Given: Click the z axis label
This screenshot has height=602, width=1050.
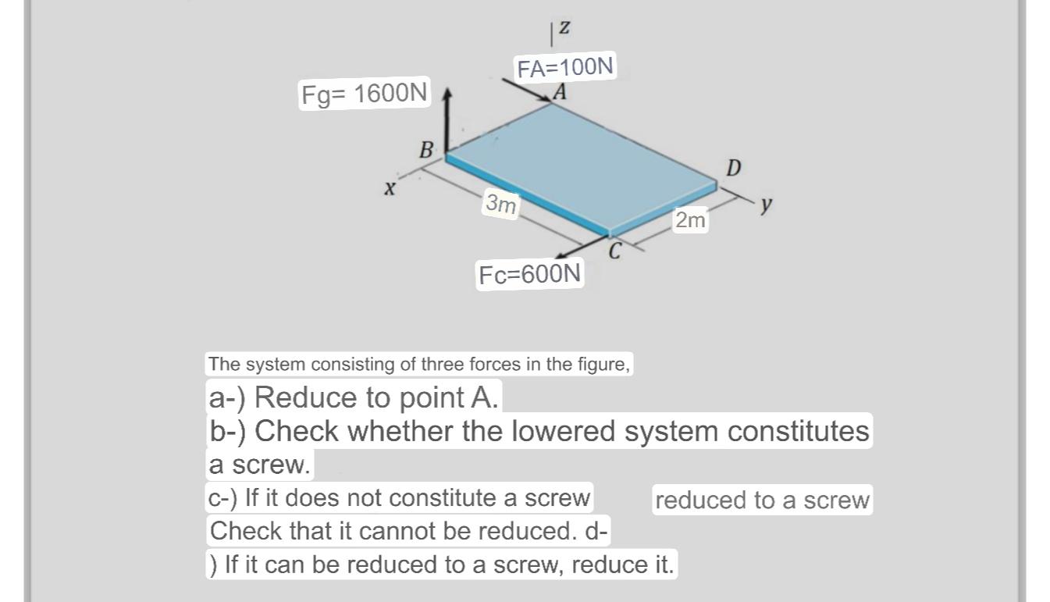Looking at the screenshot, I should pos(564,27).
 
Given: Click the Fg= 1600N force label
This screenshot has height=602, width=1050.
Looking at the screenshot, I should pos(365,94).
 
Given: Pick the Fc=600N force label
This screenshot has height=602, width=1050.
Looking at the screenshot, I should pos(530,275).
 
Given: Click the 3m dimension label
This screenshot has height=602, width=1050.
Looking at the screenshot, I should pos(500,204).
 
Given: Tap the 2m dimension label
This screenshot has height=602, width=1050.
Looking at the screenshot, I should pos(691,221).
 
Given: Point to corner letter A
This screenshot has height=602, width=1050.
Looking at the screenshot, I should pos(559,92).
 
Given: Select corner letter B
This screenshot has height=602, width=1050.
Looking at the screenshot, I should pos(426,150).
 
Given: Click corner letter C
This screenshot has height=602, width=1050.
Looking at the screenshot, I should pos(615,252).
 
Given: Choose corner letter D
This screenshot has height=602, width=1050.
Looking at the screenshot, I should pos(734,168).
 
